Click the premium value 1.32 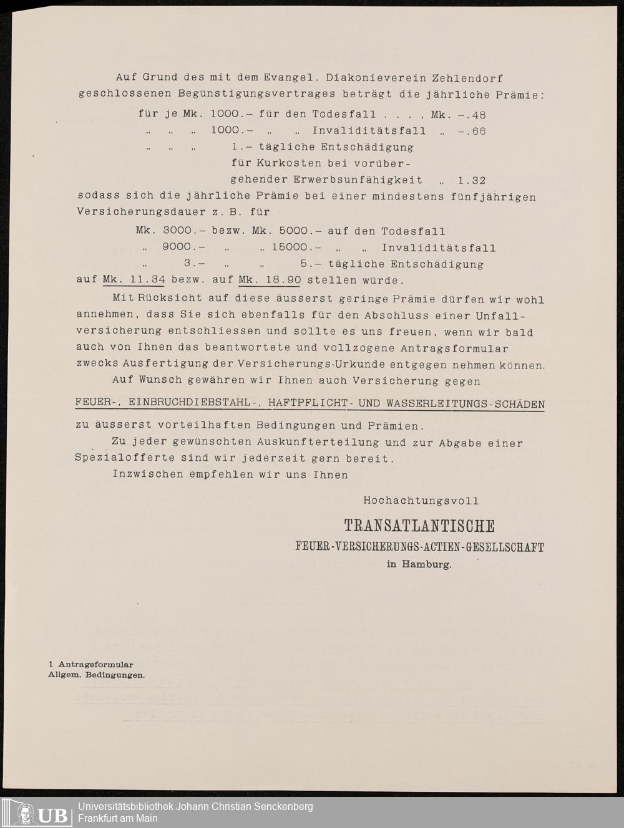click(x=471, y=180)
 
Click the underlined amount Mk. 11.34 click(x=134, y=280)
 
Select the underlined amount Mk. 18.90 click(x=270, y=280)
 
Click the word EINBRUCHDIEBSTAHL click(x=195, y=403)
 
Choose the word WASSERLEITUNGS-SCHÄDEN click(x=466, y=403)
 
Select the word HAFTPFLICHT click(x=308, y=403)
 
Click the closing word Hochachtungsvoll click(x=421, y=501)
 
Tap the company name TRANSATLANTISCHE click(x=419, y=526)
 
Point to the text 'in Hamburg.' click(x=419, y=565)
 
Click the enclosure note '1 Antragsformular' click(x=90, y=665)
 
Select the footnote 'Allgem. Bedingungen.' click(x=96, y=675)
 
